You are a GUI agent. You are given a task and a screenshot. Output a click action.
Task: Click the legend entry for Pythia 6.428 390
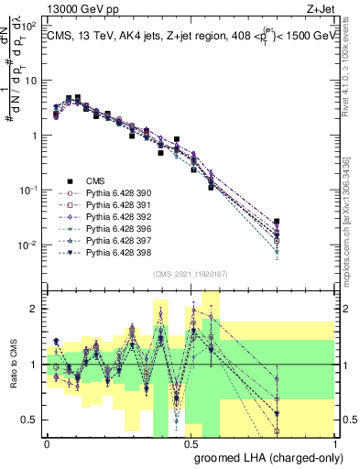(x=111, y=193)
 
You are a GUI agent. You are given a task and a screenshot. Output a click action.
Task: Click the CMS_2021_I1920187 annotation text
(x=191, y=274)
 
